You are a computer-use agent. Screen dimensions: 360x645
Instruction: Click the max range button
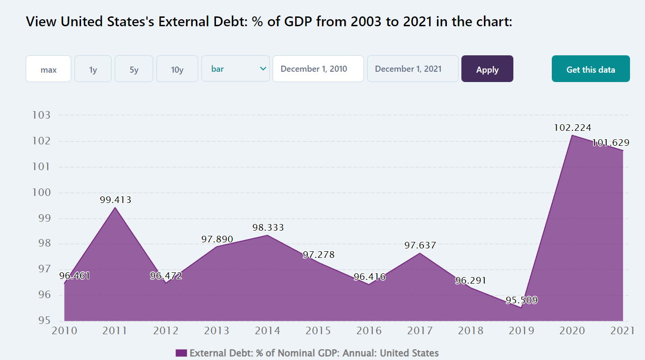coord(48,69)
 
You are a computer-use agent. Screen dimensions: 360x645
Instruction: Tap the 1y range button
coord(93,69)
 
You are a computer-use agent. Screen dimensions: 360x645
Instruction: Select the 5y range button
coord(134,69)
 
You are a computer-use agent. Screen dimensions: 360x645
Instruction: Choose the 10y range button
coord(177,69)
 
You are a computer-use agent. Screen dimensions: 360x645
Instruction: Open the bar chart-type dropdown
coord(235,69)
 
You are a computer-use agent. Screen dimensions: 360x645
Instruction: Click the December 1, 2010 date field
coord(318,69)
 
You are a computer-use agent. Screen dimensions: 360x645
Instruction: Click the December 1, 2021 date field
coord(412,69)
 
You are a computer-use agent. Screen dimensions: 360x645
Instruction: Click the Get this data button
coord(590,69)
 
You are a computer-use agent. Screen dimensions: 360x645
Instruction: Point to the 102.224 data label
coord(572,127)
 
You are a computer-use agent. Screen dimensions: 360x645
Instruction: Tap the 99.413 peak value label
coord(115,200)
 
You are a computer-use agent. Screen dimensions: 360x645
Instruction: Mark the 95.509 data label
coord(521,300)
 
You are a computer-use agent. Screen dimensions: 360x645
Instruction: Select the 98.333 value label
coord(267,228)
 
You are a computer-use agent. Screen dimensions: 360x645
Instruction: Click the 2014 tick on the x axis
coord(267,330)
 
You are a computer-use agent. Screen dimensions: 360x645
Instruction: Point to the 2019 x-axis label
coord(521,330)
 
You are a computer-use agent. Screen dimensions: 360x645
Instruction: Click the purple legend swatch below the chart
coord(181,353)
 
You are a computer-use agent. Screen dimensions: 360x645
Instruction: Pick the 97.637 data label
coord(420,245)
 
